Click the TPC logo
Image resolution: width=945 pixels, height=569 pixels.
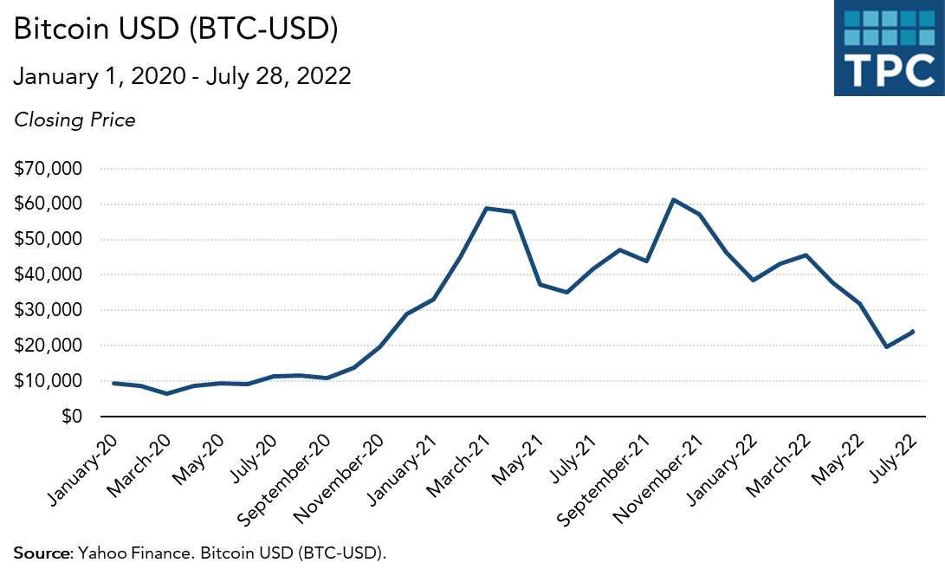click(889, 48)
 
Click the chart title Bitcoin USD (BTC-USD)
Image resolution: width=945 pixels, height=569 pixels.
click(176, 29)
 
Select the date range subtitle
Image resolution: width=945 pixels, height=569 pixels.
click(182, 76)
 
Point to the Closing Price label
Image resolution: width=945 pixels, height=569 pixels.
click(74, 120)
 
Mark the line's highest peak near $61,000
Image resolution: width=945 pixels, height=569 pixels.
click(673, 200)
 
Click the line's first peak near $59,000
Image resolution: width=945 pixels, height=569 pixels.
click(487, 208)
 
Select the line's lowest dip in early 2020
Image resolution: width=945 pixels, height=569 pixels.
click(167, 393)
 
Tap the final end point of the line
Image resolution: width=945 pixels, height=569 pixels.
click(913, 331)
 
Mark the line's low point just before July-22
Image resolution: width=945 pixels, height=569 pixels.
click(886, 346)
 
